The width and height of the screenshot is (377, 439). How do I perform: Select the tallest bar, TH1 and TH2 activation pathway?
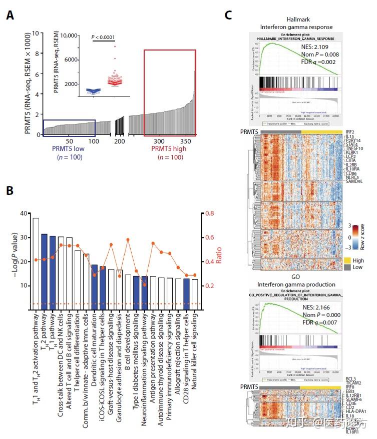(36, 263)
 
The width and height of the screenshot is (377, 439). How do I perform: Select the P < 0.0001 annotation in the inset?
(103, 37)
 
